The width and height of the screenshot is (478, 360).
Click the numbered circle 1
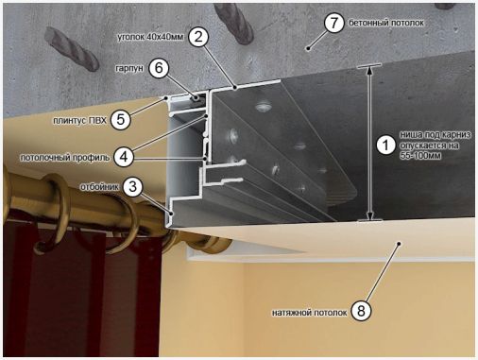coord(386,146)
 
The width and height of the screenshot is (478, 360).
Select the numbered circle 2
coord(198,38)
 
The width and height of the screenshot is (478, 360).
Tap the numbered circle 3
coord(133,187)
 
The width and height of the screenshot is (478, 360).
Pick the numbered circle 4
coord(124,157)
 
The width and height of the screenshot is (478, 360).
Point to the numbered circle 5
coord(121,120)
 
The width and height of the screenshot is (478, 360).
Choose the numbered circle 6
coord(159,68)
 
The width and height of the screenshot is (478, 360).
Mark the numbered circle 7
coord(333,23)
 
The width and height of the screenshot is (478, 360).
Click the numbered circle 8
coord(361,311)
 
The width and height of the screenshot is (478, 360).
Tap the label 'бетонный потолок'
coord(386,23)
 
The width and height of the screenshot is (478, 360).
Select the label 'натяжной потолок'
coord(310,313)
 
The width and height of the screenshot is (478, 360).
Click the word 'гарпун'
coord(129,68)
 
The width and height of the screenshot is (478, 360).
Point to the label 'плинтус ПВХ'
coord(79,121)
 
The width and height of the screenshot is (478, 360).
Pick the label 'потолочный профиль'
coord(65,157)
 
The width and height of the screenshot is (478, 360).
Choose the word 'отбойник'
coord(99,187)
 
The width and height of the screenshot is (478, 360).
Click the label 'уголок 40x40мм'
coord(150,37)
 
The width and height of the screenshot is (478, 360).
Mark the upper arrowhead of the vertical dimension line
coord(369,71)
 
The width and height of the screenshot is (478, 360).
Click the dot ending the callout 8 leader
coord(399,244)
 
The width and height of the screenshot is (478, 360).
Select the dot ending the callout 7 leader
coord(309,48)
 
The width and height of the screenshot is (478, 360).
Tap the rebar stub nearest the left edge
coord(73,48)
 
